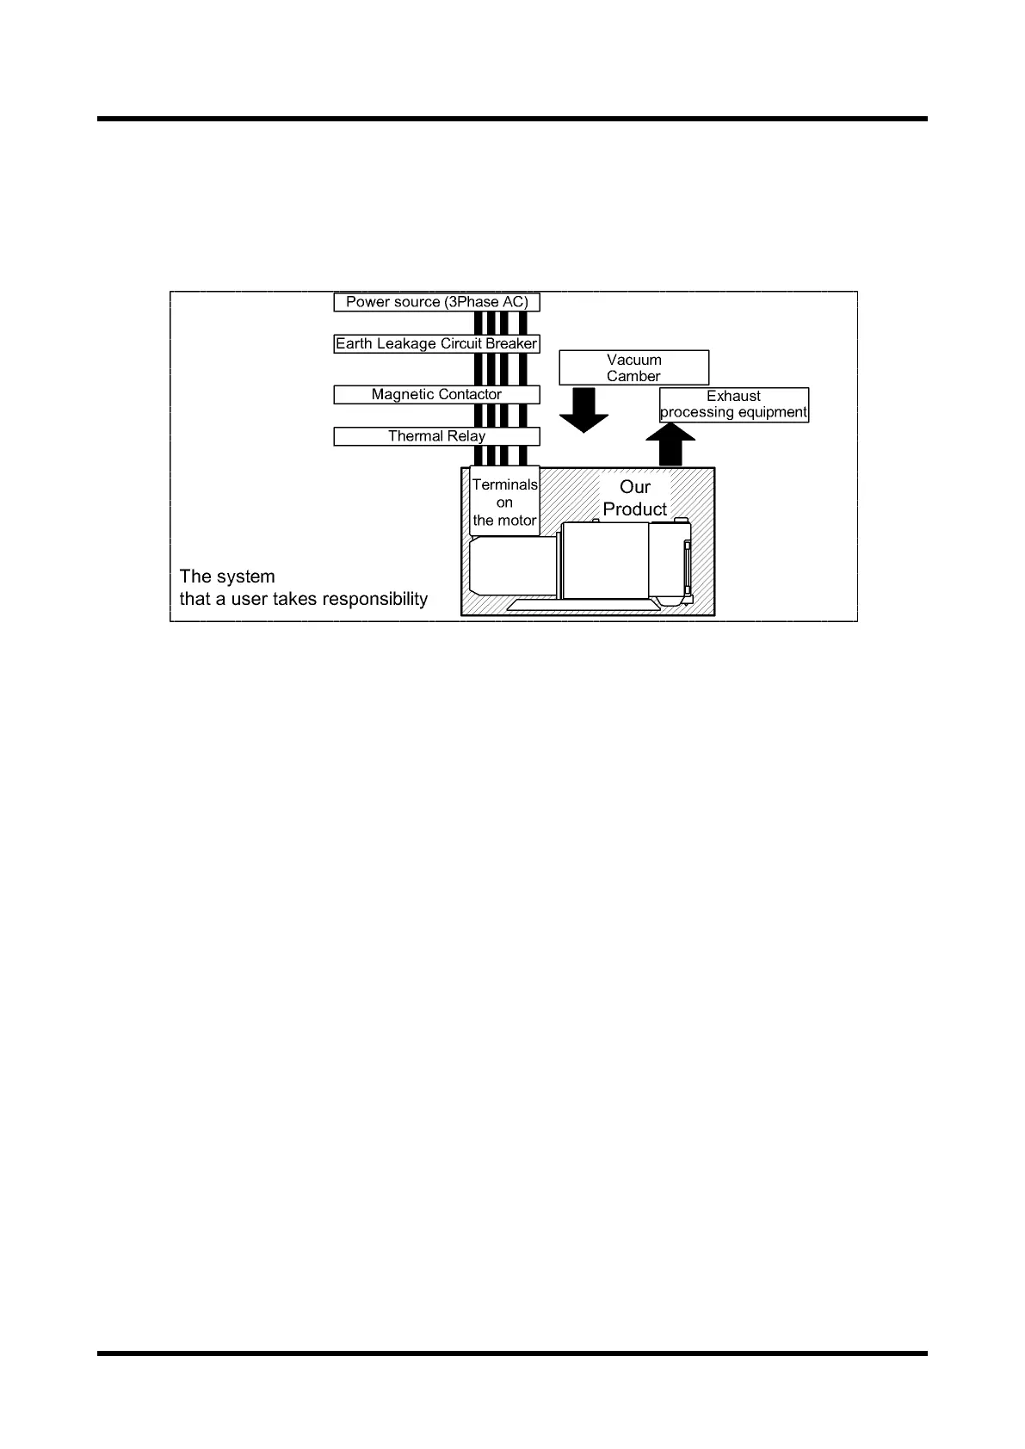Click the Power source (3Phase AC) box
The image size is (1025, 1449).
(436, 302)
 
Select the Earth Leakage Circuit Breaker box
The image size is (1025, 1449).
(436, 343)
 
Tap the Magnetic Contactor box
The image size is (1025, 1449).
(436, 394)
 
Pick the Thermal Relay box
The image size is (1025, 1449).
(436, 436)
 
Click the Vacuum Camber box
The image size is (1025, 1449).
(633, 367)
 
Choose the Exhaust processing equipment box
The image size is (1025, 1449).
(733, 404)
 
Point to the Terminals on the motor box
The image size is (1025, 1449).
(504, 503)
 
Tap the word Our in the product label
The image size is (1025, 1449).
(635, 487)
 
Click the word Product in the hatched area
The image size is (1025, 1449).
(635, 509)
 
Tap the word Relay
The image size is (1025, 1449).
(466, 436)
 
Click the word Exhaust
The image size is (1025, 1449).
(733, 396)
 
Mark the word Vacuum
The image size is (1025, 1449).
(633, 360)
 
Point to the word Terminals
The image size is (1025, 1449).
(504, 485)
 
